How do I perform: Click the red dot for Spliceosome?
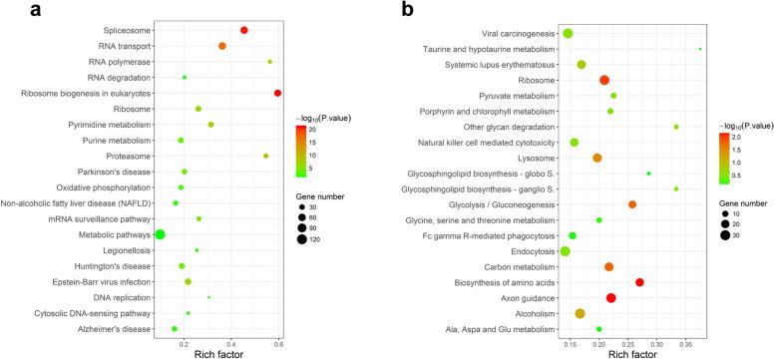pyautogui.click(x=244, y=30)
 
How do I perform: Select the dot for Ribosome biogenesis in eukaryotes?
pyautogui.click(x=278, y=93)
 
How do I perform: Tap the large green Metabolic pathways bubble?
pyautogui.click(x=160, y=233)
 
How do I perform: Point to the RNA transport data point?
pyautogui.click(x=222, y=46)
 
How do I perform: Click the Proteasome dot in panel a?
pyautogui.click(x=266, y=156)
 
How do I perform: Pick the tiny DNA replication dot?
pyautogui.click(x=208, y=297)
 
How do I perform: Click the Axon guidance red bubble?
pyautogui.click(x=611, y=298)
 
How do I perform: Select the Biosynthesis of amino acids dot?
pyautogui.click(x=640, y=282)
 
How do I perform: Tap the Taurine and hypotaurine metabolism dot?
pyautogui.click(x=700, y=49)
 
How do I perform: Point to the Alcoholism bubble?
pyautogui.click(x=581, y=313)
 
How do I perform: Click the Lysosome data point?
pyautogui.click(x=597, y=158)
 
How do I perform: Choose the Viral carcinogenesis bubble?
pyautogui.click(x=568, y=34)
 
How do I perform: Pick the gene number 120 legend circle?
pyautogui.click(x=302, y=238)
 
